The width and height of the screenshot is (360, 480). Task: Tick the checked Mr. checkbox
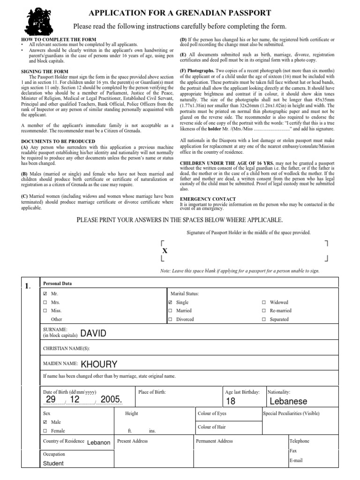[x=45, y=293]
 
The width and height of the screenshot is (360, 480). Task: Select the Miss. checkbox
[x=45, y=310]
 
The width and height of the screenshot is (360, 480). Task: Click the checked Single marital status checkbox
[x=170, y=302]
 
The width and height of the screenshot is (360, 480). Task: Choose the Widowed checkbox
[x=264, y=302]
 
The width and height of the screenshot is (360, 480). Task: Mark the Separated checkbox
[x=264, y=319]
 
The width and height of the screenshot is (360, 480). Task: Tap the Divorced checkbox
[x=170, y=319]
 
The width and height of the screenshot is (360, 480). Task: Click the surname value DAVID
[x=93, y=333]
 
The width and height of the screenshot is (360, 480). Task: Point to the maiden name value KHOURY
[x=99, y=364]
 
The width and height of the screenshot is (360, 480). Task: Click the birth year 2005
[x=111, y=399]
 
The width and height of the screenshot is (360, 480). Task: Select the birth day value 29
[x=51, y=399]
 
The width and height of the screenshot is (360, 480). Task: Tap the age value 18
[x=231, y=401]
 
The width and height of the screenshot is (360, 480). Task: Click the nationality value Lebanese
[x=288, y=401]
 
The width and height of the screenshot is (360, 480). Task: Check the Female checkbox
[x=45, y=431]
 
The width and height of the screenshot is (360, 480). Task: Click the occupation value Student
[x=53, y=464]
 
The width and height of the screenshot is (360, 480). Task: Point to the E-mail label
[x=296, y=460]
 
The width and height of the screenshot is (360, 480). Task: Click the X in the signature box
[x=165, y=251]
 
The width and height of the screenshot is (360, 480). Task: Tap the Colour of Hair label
[x=212, y=427]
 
